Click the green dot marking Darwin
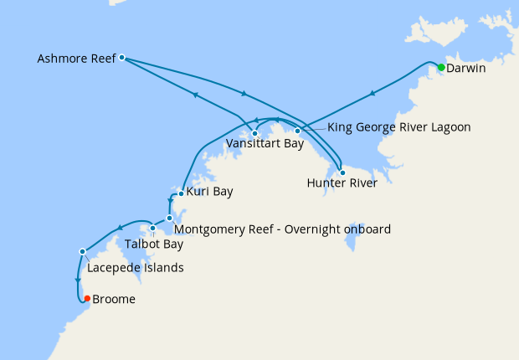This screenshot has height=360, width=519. click(x=441, y=67)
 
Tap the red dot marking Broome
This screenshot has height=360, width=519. click(x=87, y=298)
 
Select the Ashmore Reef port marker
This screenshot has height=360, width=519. click(x=122, y=58)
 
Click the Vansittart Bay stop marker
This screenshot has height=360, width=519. click(x=254, y=133)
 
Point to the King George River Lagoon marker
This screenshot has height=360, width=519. click(x=297, y=131)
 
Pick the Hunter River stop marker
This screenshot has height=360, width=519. click(x=342, y=172)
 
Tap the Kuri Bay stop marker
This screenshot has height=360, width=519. click(x=181, y=194)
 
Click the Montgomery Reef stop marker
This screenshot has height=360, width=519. click(x=169, y=219)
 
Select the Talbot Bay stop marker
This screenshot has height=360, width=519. click(x=153, y=228)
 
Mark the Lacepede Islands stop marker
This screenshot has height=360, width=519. click(x=82, y=251)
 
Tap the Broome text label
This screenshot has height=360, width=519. click(x=114, y=299)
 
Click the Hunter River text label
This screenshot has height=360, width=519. click(x=342, y=183)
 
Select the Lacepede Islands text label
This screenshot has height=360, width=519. click(x=135, y=268)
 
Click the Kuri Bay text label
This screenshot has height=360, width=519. click(x=209, y=192)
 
